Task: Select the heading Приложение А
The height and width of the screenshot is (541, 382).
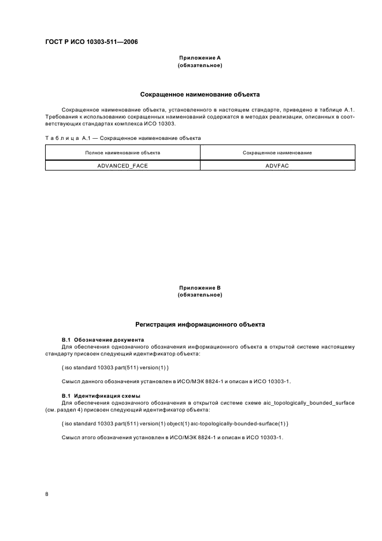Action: (x=200, y=58)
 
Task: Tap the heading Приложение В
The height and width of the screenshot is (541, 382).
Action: (x=200, y=287)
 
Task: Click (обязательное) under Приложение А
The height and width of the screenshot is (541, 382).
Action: (x=200, y=65)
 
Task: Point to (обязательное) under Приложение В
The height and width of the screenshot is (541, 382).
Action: (x=200, y=295)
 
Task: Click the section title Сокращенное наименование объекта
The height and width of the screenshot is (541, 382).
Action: (x=200, y=93)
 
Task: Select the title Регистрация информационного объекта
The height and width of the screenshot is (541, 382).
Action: (x=200, y=325)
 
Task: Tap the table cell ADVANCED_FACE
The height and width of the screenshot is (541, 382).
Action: (x=123, y=165)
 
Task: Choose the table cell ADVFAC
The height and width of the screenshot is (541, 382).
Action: (x=277, y=165)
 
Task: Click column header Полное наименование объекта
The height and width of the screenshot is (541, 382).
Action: (x=123, y=153)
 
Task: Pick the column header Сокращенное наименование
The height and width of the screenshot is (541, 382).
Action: (x=277, y=153)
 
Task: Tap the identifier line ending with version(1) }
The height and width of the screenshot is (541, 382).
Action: (x=115, y=368)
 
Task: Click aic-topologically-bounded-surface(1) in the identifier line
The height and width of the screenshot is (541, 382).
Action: (x=244, y=424)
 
